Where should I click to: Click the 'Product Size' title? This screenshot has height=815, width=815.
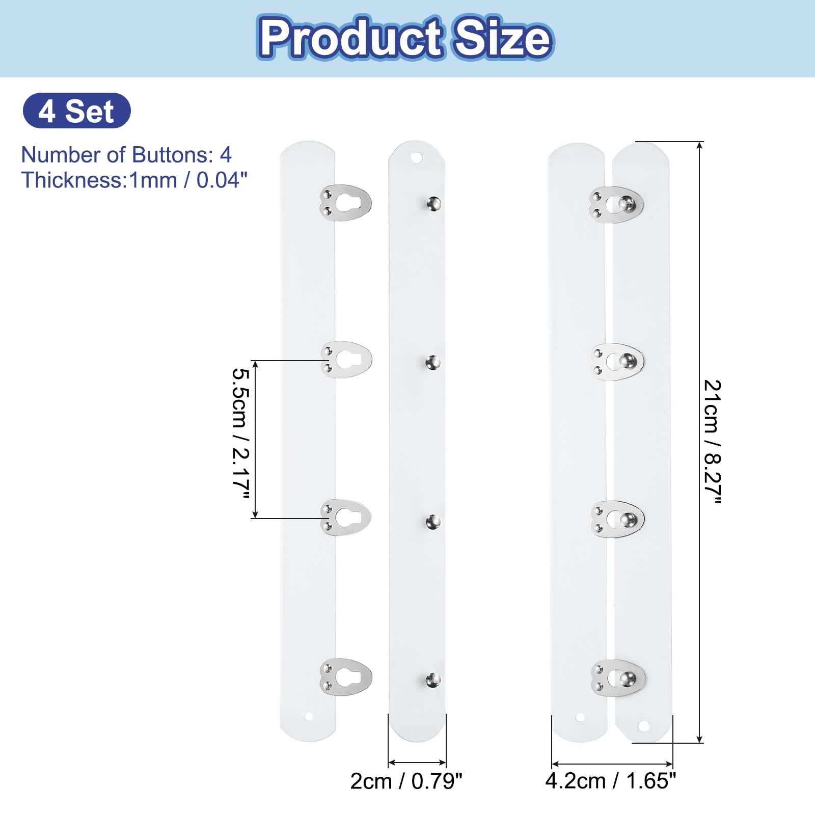click(406, 38)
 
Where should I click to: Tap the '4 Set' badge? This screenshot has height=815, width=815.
click(76, 111)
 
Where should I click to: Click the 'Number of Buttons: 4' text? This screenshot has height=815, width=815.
click(126, 155)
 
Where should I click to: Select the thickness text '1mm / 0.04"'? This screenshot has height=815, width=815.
click(189, 180)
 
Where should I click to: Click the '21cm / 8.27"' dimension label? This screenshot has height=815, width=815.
click(712, 442)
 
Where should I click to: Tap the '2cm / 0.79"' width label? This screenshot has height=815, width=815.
click(406, 781)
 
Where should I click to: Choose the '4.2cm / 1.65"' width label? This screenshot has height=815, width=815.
click(611, 781)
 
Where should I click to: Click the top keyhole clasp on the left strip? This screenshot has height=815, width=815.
click(345, 203)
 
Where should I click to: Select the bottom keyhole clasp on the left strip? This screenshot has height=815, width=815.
click(346, 677)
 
